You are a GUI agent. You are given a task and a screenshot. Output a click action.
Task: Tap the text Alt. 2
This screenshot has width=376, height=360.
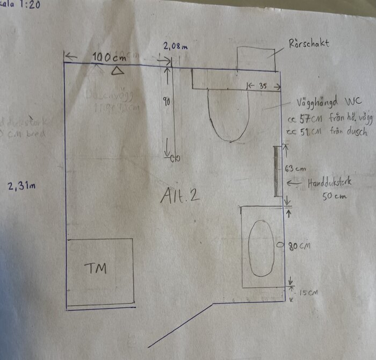180,196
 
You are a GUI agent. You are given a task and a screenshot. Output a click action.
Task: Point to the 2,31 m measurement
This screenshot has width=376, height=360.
22,186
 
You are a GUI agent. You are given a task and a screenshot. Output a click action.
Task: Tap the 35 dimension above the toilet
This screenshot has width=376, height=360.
263,85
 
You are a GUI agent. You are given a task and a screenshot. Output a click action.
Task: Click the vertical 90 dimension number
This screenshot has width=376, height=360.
167,100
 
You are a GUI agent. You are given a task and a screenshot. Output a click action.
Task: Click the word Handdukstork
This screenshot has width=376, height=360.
330,183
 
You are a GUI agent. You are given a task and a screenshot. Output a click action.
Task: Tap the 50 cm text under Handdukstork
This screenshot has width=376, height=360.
334,196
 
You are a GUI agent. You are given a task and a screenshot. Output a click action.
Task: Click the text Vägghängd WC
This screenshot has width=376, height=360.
325,102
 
